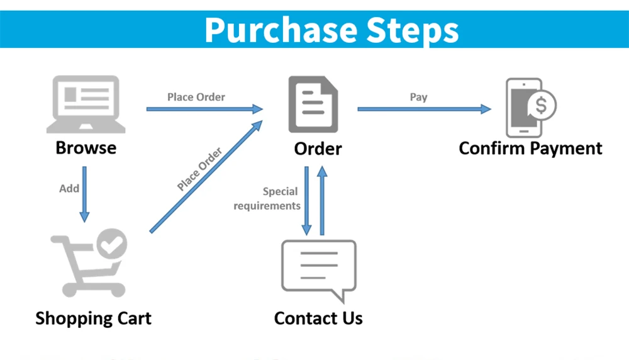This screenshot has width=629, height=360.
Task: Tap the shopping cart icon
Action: click(89, 264)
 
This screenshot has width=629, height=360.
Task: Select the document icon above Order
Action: click(313, 104)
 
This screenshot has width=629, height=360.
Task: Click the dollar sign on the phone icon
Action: click(540, 106)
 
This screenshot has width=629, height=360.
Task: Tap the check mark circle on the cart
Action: click(111, 245)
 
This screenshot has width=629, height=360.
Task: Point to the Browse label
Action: click(86, 148)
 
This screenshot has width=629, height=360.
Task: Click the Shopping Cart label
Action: click(93, 318)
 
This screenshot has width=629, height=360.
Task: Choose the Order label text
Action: click(318, 149)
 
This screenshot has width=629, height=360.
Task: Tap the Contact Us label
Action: click(318, 318)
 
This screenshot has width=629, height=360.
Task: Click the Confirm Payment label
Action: click(530, 149)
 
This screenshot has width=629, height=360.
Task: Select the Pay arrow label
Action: click(418, 97)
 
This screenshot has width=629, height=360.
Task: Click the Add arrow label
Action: click(69, 188)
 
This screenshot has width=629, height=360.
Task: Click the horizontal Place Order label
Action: click(196, 97)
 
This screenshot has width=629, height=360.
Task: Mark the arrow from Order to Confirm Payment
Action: click(424, 109)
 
